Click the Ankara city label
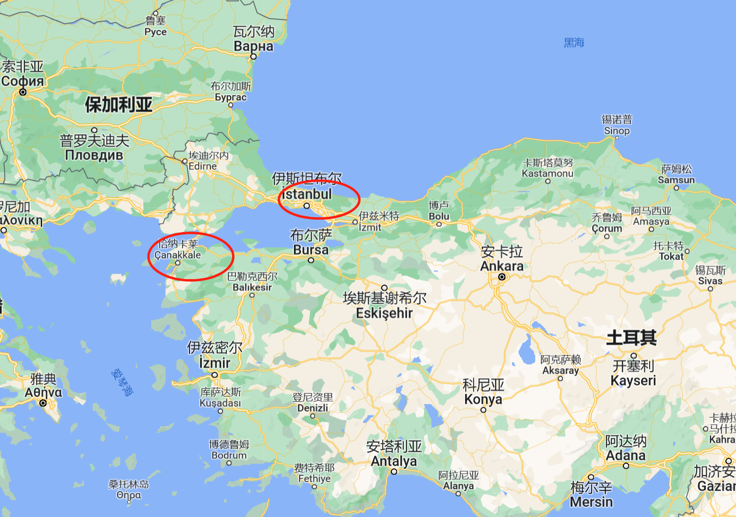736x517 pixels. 502,266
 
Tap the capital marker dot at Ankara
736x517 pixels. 502,277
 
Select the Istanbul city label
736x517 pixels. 307,194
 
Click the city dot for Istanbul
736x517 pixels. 307,206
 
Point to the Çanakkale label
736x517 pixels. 177,255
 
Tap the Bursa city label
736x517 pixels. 311,249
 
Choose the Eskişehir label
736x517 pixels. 384,313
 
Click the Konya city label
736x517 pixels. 483,399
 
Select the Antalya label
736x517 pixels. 394,461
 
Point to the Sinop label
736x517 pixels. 617,130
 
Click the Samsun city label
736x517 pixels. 676,180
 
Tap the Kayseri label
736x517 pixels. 633,380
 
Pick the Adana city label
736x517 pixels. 625,455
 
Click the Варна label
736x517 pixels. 253,46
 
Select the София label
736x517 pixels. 23,81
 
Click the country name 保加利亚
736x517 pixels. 118,105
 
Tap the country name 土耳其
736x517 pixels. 631,338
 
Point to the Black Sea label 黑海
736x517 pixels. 574,43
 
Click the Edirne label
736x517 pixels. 202,166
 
